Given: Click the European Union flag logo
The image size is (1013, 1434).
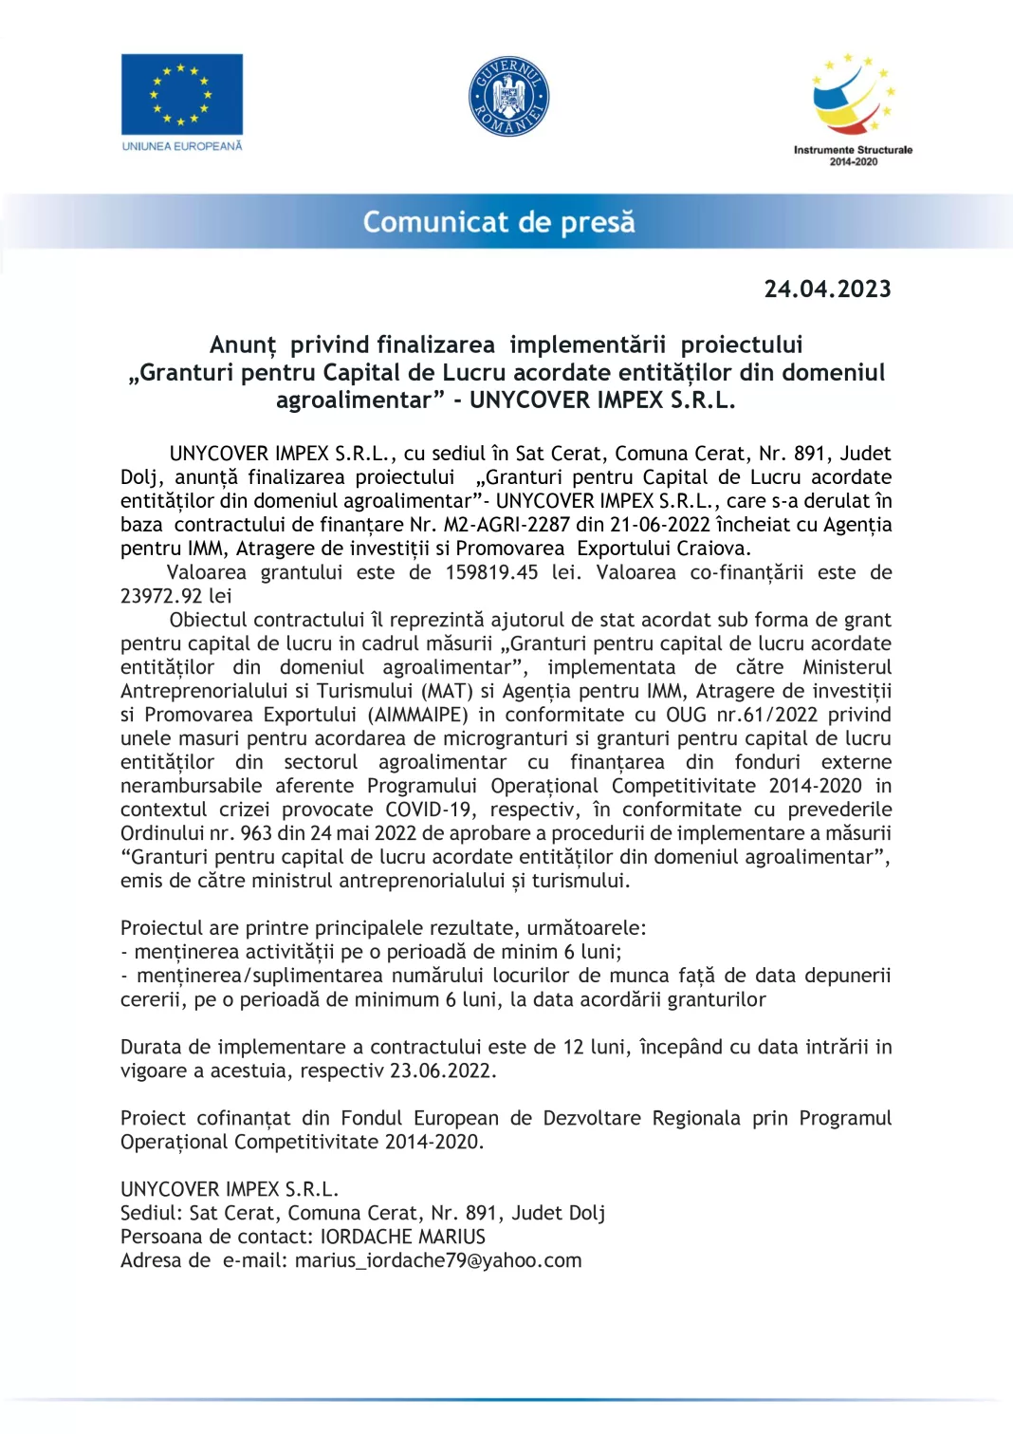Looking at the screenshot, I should point(181,94).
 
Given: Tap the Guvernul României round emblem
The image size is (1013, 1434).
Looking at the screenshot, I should point(509,96).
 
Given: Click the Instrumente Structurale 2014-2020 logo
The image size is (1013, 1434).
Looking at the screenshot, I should point(853,108).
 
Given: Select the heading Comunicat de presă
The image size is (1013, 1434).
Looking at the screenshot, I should point(499,222).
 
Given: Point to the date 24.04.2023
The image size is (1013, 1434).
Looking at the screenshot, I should point(827,289).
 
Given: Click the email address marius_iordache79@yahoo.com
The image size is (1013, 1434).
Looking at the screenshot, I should point(438,1260).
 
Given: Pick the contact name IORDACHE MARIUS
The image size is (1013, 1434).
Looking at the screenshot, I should point(403,1237).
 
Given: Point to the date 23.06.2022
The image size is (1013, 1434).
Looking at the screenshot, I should point(442,1071).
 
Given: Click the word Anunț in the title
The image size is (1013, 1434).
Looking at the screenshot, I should point(243,345).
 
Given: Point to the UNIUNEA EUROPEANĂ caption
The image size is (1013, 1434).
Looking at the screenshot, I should point(182,146).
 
